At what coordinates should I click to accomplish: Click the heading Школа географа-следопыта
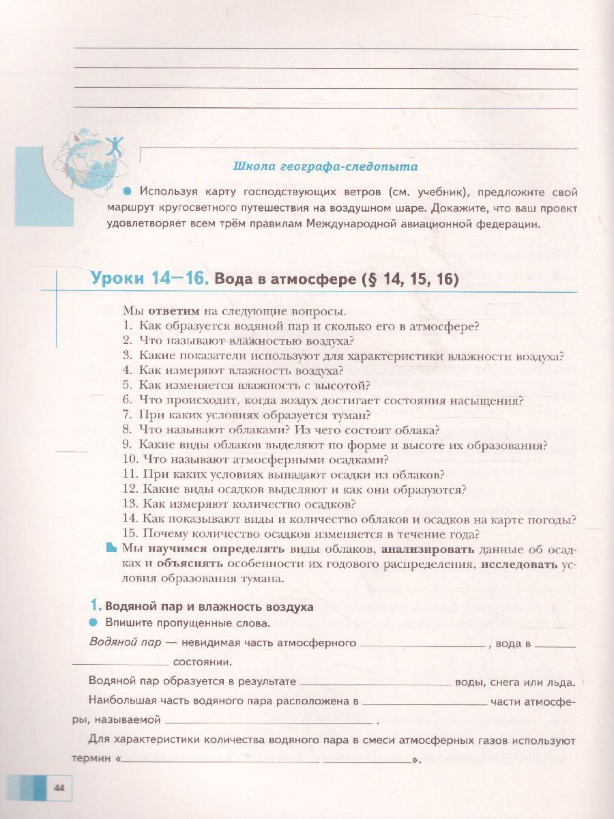[325, 166]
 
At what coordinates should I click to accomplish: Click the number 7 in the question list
[127, 414]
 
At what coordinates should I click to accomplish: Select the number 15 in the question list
[130, 534]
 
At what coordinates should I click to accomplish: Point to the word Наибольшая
[120, 700]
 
